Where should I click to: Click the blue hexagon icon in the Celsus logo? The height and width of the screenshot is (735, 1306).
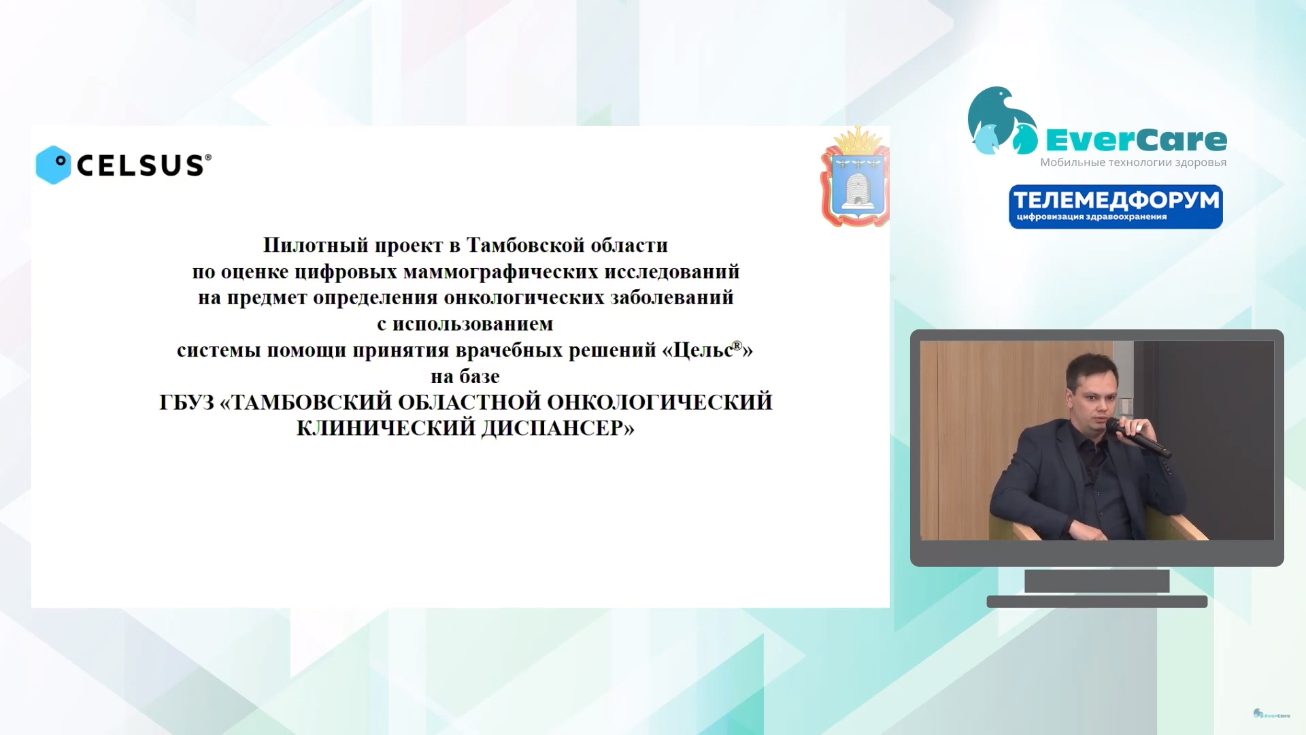pyautogui.click(x=54, y=165)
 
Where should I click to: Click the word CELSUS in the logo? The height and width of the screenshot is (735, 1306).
pyautogui.click(x=141, y=165)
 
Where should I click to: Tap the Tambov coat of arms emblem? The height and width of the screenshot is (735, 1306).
pyautogui.click(x=856, y=177)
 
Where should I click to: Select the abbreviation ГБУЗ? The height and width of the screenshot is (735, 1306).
pyautogui.click(x=186, y=402)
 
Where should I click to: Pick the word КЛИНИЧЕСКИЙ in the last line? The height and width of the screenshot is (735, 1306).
pyautogui.click(x=386, y=428)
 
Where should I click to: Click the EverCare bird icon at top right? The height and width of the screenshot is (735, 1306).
pyautogui.click(x=1002, y=121)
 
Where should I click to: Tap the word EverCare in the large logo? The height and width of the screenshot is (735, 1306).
pyautogui.click(x=1136, y=140)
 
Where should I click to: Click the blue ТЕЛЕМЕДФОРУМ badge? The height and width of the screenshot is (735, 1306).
pyautogui.click(x=1116, y=207)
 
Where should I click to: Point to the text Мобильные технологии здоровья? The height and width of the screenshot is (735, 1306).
pyautogui.click(x=1133, y=163)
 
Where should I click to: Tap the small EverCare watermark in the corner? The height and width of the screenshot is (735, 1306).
pyautogui.click(x=1271, y=714)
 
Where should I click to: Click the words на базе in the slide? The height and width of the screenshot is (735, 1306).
pyautogui.click(x=465, y=376)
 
